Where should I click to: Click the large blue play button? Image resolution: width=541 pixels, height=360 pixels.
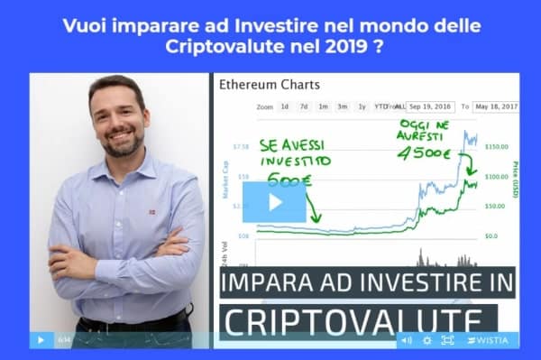[274, 202]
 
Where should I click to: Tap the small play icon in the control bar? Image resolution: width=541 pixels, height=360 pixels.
[41, 340]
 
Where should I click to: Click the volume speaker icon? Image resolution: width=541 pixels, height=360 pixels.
[406, 340]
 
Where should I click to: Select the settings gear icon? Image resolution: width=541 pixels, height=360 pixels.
[426, 340]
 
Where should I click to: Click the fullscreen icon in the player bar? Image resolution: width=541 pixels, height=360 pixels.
[448, 340]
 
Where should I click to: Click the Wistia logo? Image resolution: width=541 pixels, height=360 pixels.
[488, 340]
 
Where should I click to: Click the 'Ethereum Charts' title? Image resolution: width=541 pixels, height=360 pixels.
[270, 86]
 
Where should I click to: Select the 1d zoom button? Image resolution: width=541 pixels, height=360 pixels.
[285, 106]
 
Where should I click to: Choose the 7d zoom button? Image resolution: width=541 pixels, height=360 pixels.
[304, 106]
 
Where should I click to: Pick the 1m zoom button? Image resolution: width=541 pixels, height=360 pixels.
[323, 106]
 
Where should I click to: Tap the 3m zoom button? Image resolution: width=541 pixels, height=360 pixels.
[343, 106]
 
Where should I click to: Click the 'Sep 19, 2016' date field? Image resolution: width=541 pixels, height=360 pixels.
[431, 106]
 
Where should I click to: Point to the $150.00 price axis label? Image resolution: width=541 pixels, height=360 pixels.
[498, 146]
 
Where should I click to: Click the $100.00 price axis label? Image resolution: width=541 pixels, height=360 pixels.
[498, 177]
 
